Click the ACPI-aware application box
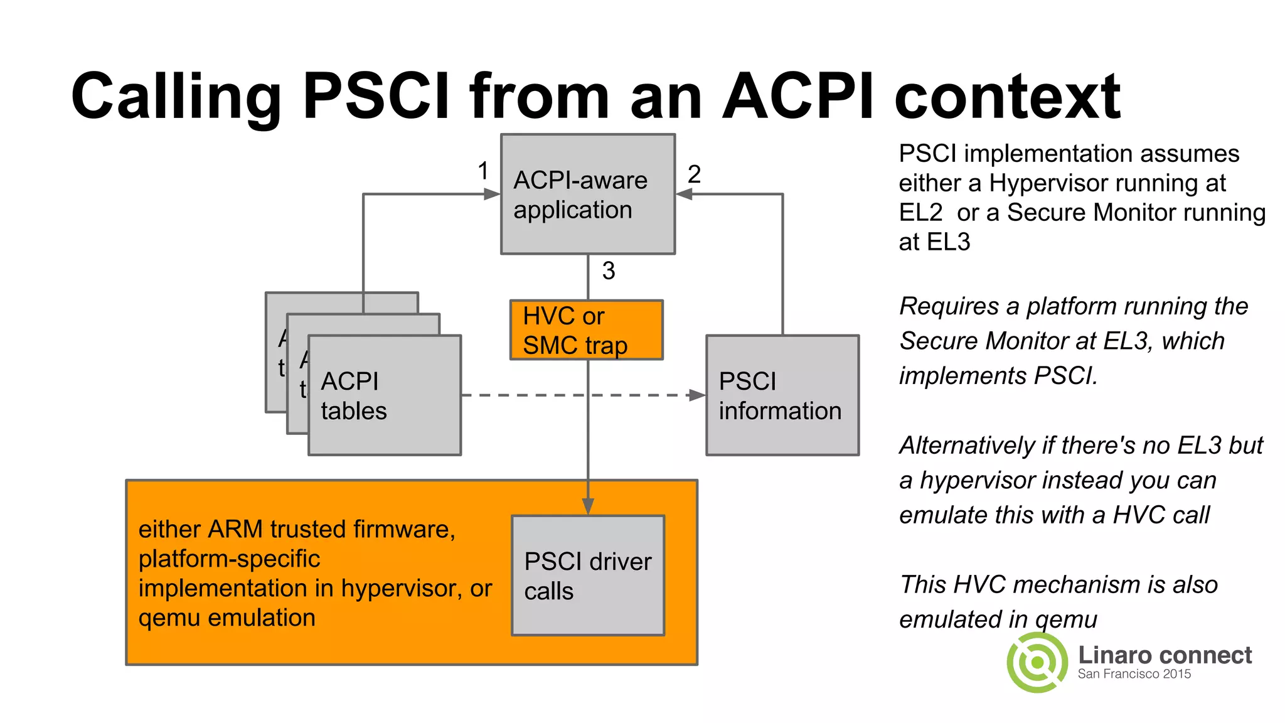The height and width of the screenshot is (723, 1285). point(588,195)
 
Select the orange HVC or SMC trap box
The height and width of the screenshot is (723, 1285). point(587,330)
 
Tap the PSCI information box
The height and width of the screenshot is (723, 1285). point(782,395)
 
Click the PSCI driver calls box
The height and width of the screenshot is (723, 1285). point(588,576)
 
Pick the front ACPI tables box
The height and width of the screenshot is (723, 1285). point(385,395)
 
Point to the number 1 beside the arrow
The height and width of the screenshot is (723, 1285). point(483,171)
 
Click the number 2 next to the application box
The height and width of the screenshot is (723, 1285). point(694,174)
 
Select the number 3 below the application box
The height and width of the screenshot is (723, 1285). point(608,271)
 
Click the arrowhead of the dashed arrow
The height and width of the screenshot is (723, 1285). point(697,395)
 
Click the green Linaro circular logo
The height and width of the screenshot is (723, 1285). point(1037,662)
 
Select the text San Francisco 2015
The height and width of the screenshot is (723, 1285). point(1134,674)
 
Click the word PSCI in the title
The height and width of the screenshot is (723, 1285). point(375,96)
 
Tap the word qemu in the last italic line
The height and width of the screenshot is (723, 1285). point(1066,619)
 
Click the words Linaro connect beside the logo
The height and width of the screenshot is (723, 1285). point(1165,655)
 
